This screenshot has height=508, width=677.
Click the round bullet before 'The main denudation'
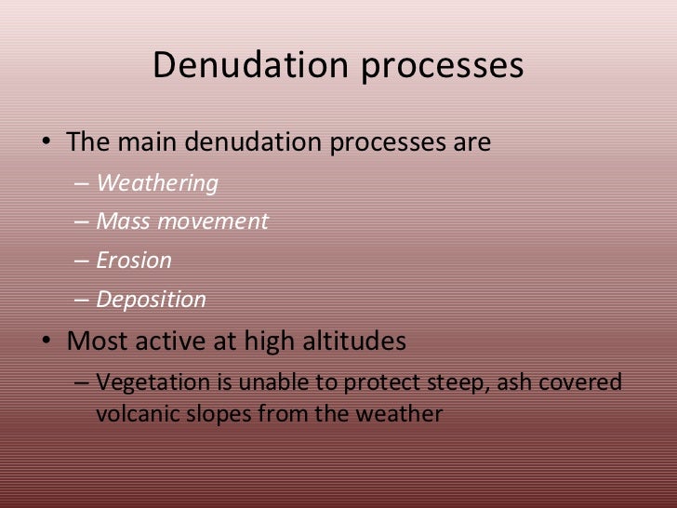point(46,145)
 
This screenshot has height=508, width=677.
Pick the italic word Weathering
point(157,184)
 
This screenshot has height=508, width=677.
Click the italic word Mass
point(121,221)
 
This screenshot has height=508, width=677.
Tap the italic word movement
point(210,221)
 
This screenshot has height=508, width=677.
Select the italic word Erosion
point(134,261)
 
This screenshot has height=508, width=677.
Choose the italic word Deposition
point(152,301)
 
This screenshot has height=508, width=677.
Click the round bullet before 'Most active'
point(46,342)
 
